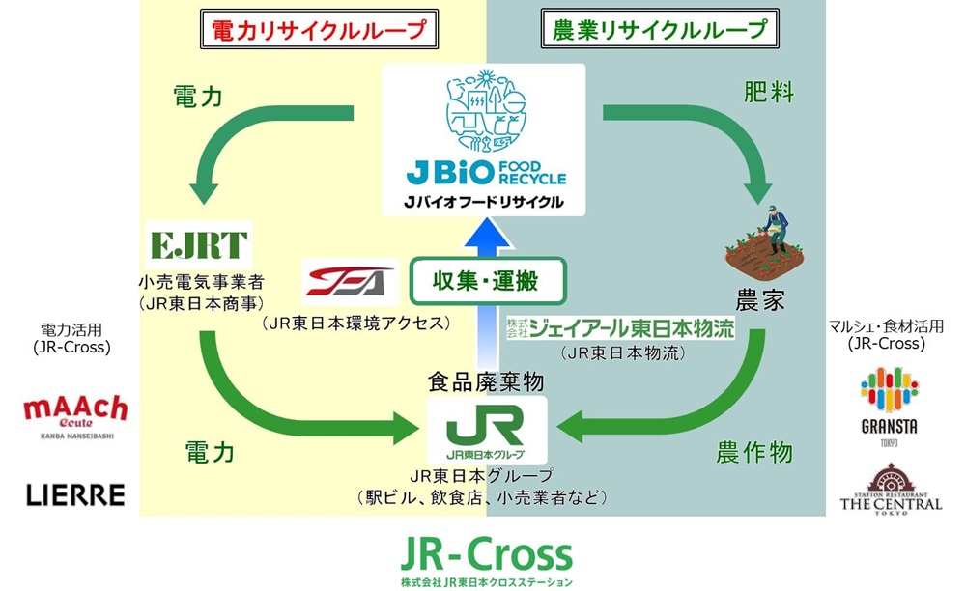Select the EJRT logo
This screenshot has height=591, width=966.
point(200,245)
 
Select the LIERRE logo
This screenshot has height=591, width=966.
point(75,495)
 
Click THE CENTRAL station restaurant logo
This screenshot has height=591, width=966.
point(891,489)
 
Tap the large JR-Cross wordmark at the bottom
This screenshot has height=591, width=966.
point(486,554)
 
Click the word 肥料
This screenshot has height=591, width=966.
point(769,93)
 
